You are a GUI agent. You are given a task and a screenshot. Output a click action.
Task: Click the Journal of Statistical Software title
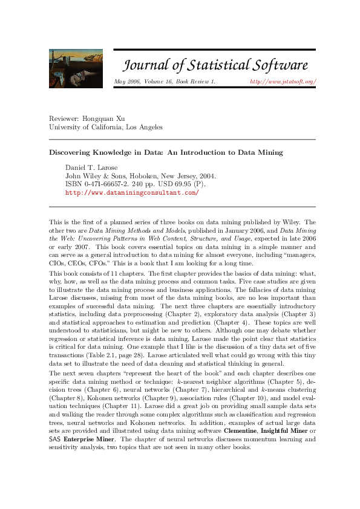pyautogui.click(x=215, y=65)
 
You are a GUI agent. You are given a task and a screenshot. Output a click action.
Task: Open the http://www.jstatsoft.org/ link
pyautogui.click(x=283, y=81)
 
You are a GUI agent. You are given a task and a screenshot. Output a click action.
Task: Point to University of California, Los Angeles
pyautogui.click(x=105, y=127)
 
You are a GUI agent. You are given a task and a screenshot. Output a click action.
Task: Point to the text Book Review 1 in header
pyautogui.click(x=195, y=81)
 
